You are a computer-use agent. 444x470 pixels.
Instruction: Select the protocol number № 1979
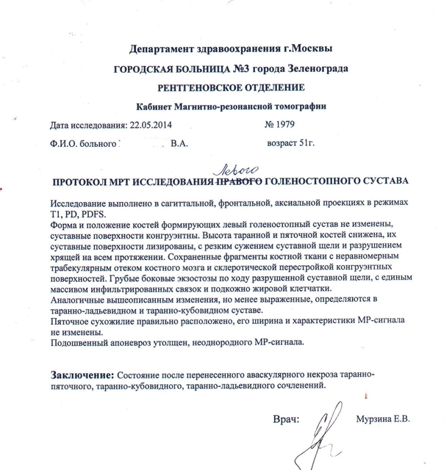(x=279, y=124)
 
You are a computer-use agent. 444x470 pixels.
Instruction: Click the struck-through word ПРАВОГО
(x=240, y=180)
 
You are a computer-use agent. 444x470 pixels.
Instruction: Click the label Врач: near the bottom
(x=286, y=420)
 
